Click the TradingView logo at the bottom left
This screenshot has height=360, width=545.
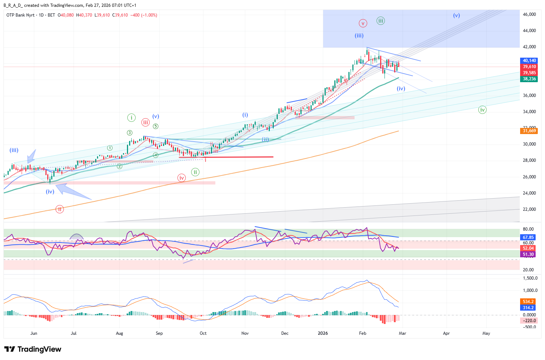(33, 349)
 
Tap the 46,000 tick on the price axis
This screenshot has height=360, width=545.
(529, 14)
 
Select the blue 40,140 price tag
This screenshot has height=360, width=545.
(529, 61)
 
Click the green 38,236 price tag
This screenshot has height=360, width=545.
(529, 79)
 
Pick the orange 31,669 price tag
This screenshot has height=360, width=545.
(529, 131)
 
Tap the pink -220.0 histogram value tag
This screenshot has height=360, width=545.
(529, 321)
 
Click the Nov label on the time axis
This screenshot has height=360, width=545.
(245, 333)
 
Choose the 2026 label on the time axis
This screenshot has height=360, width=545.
(323, 333)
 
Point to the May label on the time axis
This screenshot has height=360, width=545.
(486, 333)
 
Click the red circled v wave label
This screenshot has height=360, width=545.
(363, 23)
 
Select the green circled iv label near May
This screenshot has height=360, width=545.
(482, 110)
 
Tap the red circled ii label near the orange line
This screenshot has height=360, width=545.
(60, 209)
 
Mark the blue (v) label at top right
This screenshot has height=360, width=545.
(457, 15)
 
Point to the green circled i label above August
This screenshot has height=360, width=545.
(131, 117)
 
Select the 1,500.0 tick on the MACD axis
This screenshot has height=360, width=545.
(530, 278)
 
